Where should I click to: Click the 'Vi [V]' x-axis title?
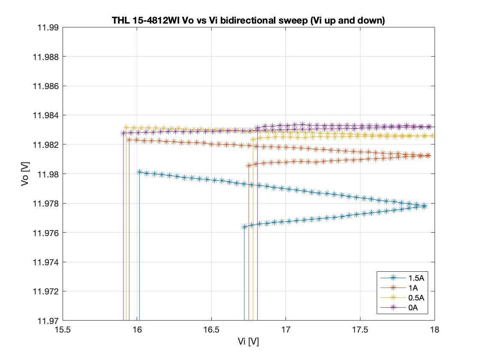pos(249,342)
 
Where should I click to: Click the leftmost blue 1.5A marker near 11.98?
pos(139,172)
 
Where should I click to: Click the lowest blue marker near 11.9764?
pos(244,227)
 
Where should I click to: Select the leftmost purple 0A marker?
pos(123,133)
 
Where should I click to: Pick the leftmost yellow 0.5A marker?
pos(126,127)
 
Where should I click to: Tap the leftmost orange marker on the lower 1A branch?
pos(249,165)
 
